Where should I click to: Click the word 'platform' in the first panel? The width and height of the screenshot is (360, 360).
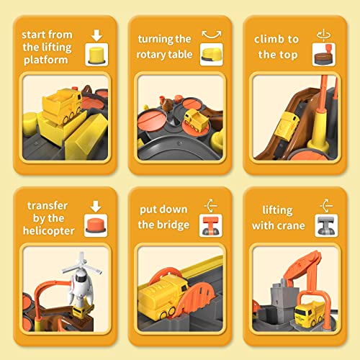[46, 60]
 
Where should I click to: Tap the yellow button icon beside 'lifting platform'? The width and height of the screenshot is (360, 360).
[96, 55]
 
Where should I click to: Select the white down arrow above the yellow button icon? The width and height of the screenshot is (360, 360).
[96, 35]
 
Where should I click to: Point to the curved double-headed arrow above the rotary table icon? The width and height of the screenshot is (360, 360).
[212, 35]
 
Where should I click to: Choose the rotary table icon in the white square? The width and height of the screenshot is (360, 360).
[211, 54]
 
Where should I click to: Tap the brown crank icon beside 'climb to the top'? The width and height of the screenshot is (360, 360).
[323, 55]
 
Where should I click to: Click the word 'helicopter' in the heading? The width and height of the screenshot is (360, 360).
[48, 230]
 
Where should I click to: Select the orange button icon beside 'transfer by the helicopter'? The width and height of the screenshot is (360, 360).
[96, 225]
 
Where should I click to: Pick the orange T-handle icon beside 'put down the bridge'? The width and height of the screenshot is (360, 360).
[210, 225]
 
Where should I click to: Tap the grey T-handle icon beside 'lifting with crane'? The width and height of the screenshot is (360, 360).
[326, 225]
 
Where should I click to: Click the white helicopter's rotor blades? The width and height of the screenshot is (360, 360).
[81, 265]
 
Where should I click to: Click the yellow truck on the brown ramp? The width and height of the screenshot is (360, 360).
[288, 125]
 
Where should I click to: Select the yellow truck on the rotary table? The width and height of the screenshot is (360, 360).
[196, 120]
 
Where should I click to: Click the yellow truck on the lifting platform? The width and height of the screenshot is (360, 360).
[63, 105]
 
